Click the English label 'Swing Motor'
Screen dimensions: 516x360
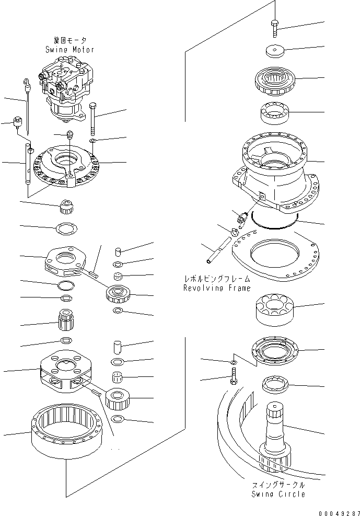[x=69, y=50]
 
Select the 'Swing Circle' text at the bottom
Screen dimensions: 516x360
[x=278, y=494]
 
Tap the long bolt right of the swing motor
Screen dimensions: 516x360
[x=93, y=119]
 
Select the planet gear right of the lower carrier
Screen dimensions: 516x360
[x=118, y=400]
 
